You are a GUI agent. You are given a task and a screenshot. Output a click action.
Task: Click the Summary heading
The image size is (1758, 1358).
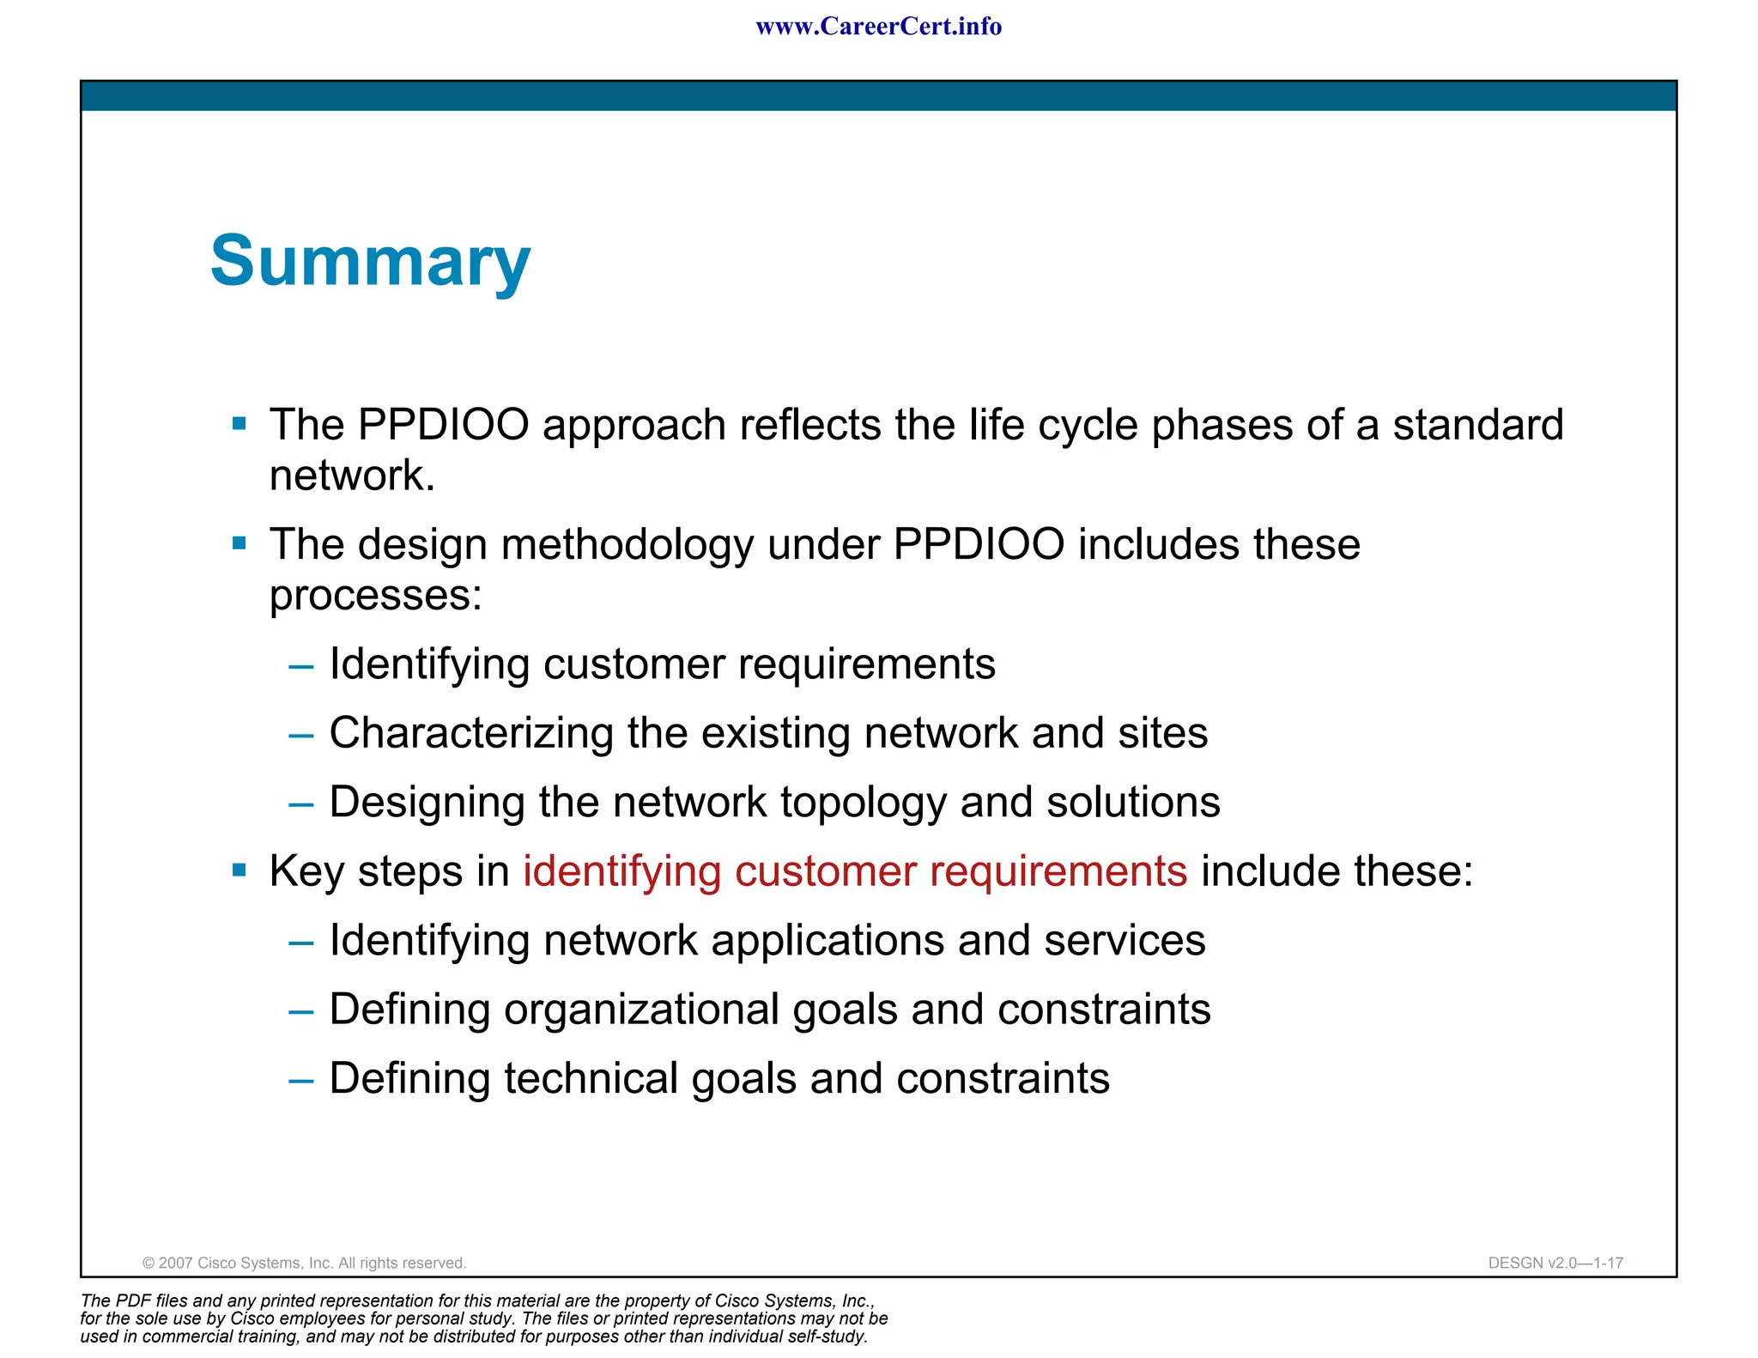click(x=370, y=261)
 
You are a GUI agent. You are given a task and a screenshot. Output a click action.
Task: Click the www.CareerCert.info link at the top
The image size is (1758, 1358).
click(x=878, y=27)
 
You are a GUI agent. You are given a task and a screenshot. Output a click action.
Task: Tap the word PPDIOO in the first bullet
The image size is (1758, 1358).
click(x=443, y=425)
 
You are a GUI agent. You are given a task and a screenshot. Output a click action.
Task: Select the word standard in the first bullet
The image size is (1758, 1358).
click(x=1477, y=425)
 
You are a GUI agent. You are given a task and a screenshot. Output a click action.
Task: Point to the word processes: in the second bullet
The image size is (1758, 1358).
click(x=375, y=596)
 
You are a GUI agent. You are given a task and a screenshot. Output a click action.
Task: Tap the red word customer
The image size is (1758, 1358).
click(x=825, y=871)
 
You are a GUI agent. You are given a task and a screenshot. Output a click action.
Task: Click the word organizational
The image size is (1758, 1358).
click(x=640, y=1009)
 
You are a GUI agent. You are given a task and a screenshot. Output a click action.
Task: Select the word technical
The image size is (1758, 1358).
click(x=591, y=1078)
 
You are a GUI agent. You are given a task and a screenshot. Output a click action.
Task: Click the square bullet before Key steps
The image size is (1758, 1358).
click(x=239, y=871)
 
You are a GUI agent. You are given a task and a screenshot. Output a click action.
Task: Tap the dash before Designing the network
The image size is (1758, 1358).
click(x=300, y=804)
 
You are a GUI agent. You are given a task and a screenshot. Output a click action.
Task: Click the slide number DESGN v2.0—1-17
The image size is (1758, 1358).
click(x=1555, y=1263)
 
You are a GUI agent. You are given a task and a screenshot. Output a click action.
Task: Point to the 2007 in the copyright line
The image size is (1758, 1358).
click(x=176, y=1263)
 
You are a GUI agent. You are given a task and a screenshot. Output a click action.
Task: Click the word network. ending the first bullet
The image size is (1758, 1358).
click(x=352, y=476)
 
